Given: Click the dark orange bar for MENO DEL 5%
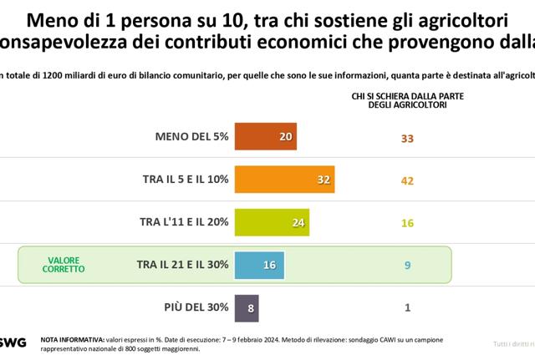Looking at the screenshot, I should [266, 136].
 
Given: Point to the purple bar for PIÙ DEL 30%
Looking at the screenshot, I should [247, 307].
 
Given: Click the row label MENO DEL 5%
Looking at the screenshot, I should [192, 136].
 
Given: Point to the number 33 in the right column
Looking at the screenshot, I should [407, 137].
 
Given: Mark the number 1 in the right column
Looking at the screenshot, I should [407, 307].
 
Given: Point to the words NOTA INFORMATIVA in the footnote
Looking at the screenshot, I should [72, 339].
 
